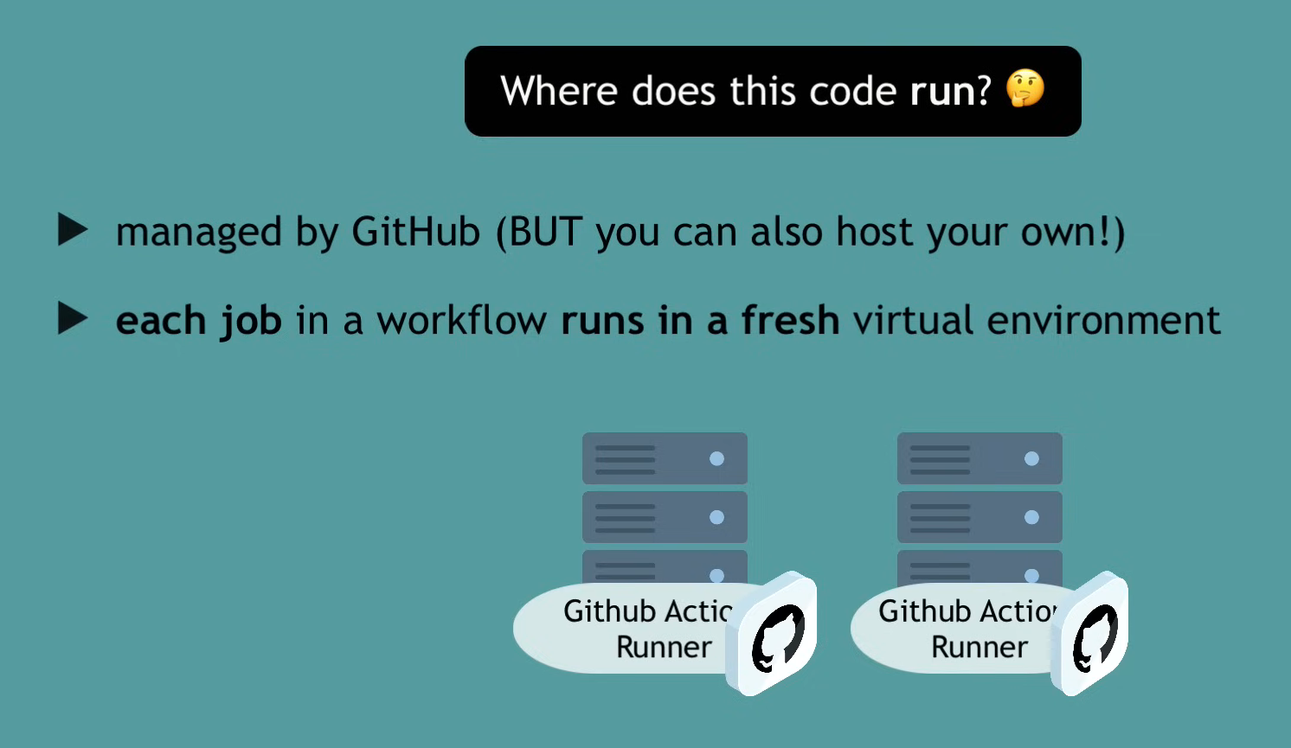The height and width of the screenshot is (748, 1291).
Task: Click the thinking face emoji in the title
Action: [1025, 89]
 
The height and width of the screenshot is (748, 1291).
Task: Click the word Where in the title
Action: [559, 91]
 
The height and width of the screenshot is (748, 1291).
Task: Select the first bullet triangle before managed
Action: [73, 230]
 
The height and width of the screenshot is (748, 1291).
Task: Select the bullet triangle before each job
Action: [73, 318]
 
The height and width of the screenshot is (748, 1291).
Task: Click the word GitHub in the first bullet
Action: [415, 232]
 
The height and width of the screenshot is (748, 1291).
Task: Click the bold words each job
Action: [199, 321]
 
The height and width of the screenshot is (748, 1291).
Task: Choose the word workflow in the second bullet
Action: [461, 321]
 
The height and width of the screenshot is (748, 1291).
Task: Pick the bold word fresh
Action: [790, 320]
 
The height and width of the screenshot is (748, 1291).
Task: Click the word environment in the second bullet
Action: [1103, 320]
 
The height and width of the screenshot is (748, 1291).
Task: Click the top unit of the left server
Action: [665, 458]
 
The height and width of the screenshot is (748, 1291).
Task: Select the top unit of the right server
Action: [979, 458]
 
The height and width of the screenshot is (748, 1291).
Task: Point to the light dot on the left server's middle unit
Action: [716, 517]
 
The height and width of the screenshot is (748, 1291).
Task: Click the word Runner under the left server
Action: [664, 647]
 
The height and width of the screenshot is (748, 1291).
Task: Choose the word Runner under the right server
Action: [979, 647]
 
